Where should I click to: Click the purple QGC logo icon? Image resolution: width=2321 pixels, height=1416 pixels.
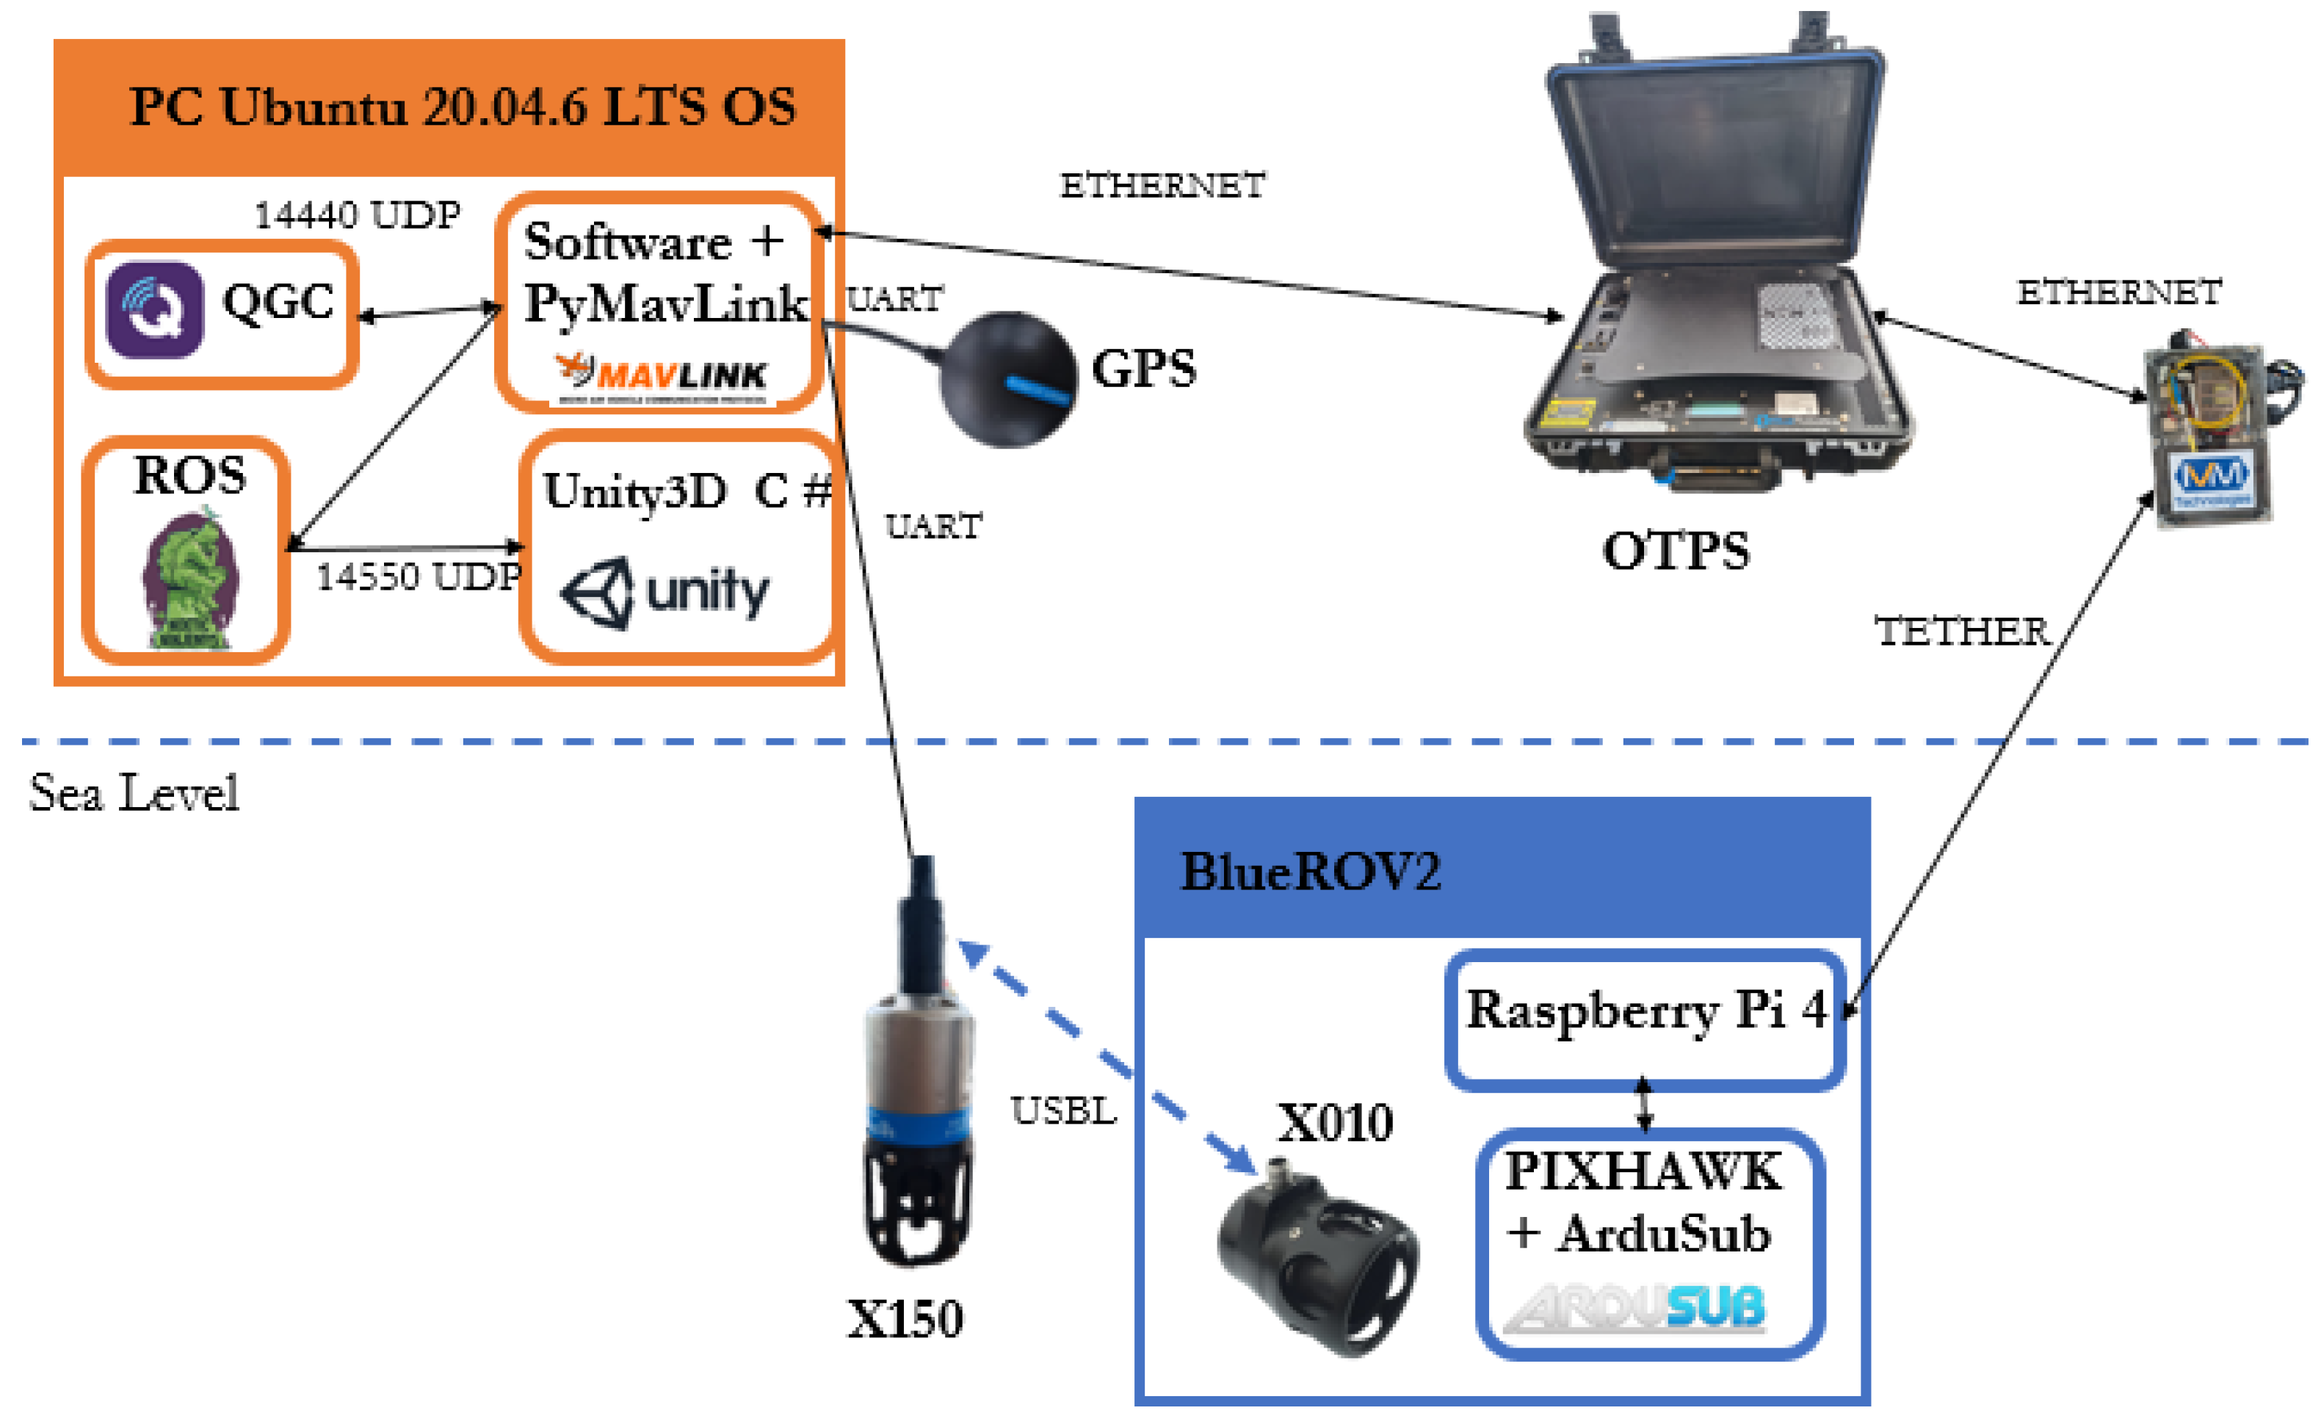pyautogui.click(x=154, y=310)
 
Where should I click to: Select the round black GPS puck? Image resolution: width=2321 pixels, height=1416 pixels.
pyautogui.click(x=1008, y=380)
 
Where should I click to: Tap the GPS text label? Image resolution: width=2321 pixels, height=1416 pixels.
pyautogui.click(x=1143, y=369)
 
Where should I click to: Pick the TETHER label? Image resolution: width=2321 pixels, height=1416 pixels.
pyautogui.click(x=1961, y=631)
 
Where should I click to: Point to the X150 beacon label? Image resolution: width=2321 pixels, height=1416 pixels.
pyautogui.click(x=905, y=1318)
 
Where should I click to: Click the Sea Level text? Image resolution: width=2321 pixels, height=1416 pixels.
pyautogui.click(x=134, y=792)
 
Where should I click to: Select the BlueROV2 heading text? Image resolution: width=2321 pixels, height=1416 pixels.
pyautogui.click(x=1310, y=872)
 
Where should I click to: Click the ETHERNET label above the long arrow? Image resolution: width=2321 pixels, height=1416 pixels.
pyautogui.click(x=1162, y=186)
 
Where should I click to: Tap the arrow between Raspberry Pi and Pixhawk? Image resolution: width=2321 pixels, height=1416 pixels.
pyautogui.click(x=1644, y=1104)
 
